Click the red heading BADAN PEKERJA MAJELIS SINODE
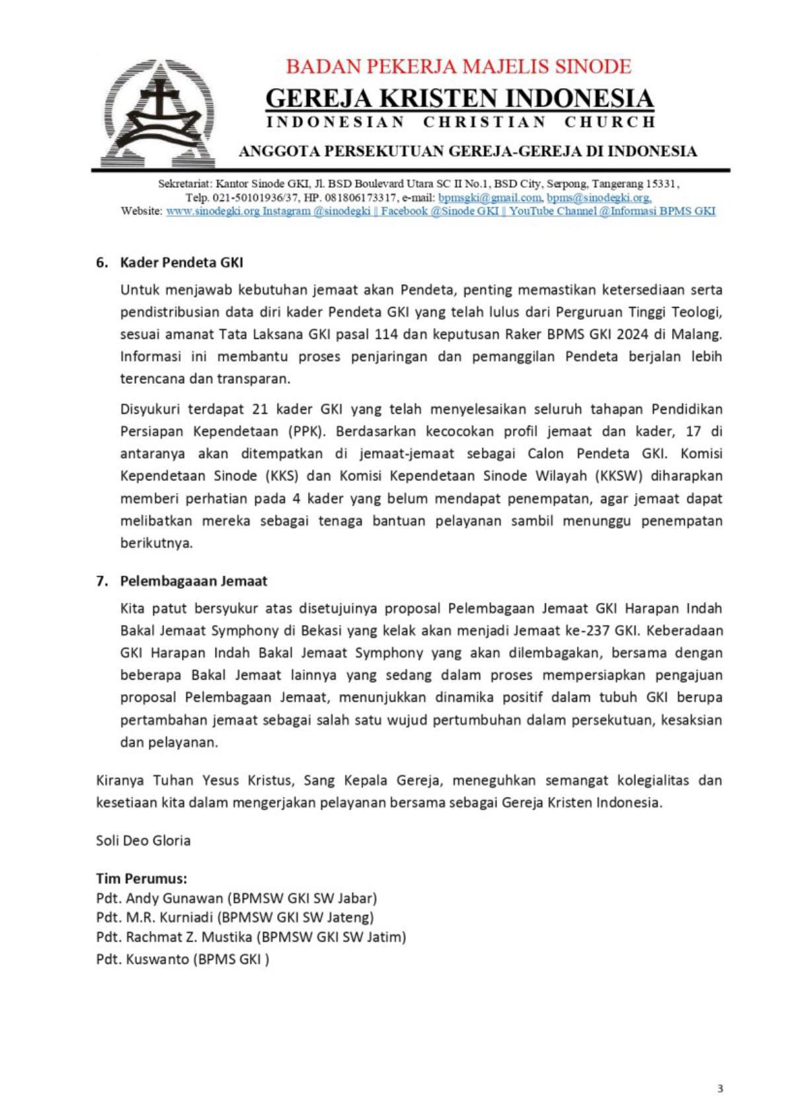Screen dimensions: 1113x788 pos(458,67)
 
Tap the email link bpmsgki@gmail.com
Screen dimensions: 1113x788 pos(489,197)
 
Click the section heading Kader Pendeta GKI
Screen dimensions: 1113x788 pos(181,262)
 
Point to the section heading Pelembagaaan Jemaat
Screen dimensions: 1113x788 pos(193,581)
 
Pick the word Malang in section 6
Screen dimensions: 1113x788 pos(700,334)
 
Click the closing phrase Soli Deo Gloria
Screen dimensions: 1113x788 pos(143,841)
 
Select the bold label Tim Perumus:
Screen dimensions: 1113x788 pos(141,879)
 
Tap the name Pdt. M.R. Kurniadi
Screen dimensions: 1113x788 pos(155,918)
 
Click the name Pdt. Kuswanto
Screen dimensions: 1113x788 pos(142,959)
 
